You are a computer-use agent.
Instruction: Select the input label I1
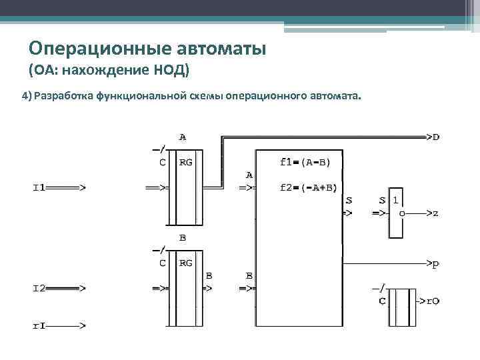(39, 188)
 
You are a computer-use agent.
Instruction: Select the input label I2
(39, 289)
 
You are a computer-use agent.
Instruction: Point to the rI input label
(39, 326)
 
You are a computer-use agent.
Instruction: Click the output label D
(435, 138)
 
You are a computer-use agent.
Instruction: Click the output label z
(435, 214)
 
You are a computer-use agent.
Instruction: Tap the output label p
(435, 264)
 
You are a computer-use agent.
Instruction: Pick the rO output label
(433, 301)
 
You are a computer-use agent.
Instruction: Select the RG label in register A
(186, 162)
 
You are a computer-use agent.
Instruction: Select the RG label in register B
(186, 263)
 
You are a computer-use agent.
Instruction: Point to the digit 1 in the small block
(396, 199)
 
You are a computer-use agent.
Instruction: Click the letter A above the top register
(182, 137)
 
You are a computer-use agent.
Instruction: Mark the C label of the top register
(162, 162)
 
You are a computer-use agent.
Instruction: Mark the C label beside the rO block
(381, 301)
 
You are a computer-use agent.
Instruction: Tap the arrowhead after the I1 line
(81, 188)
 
